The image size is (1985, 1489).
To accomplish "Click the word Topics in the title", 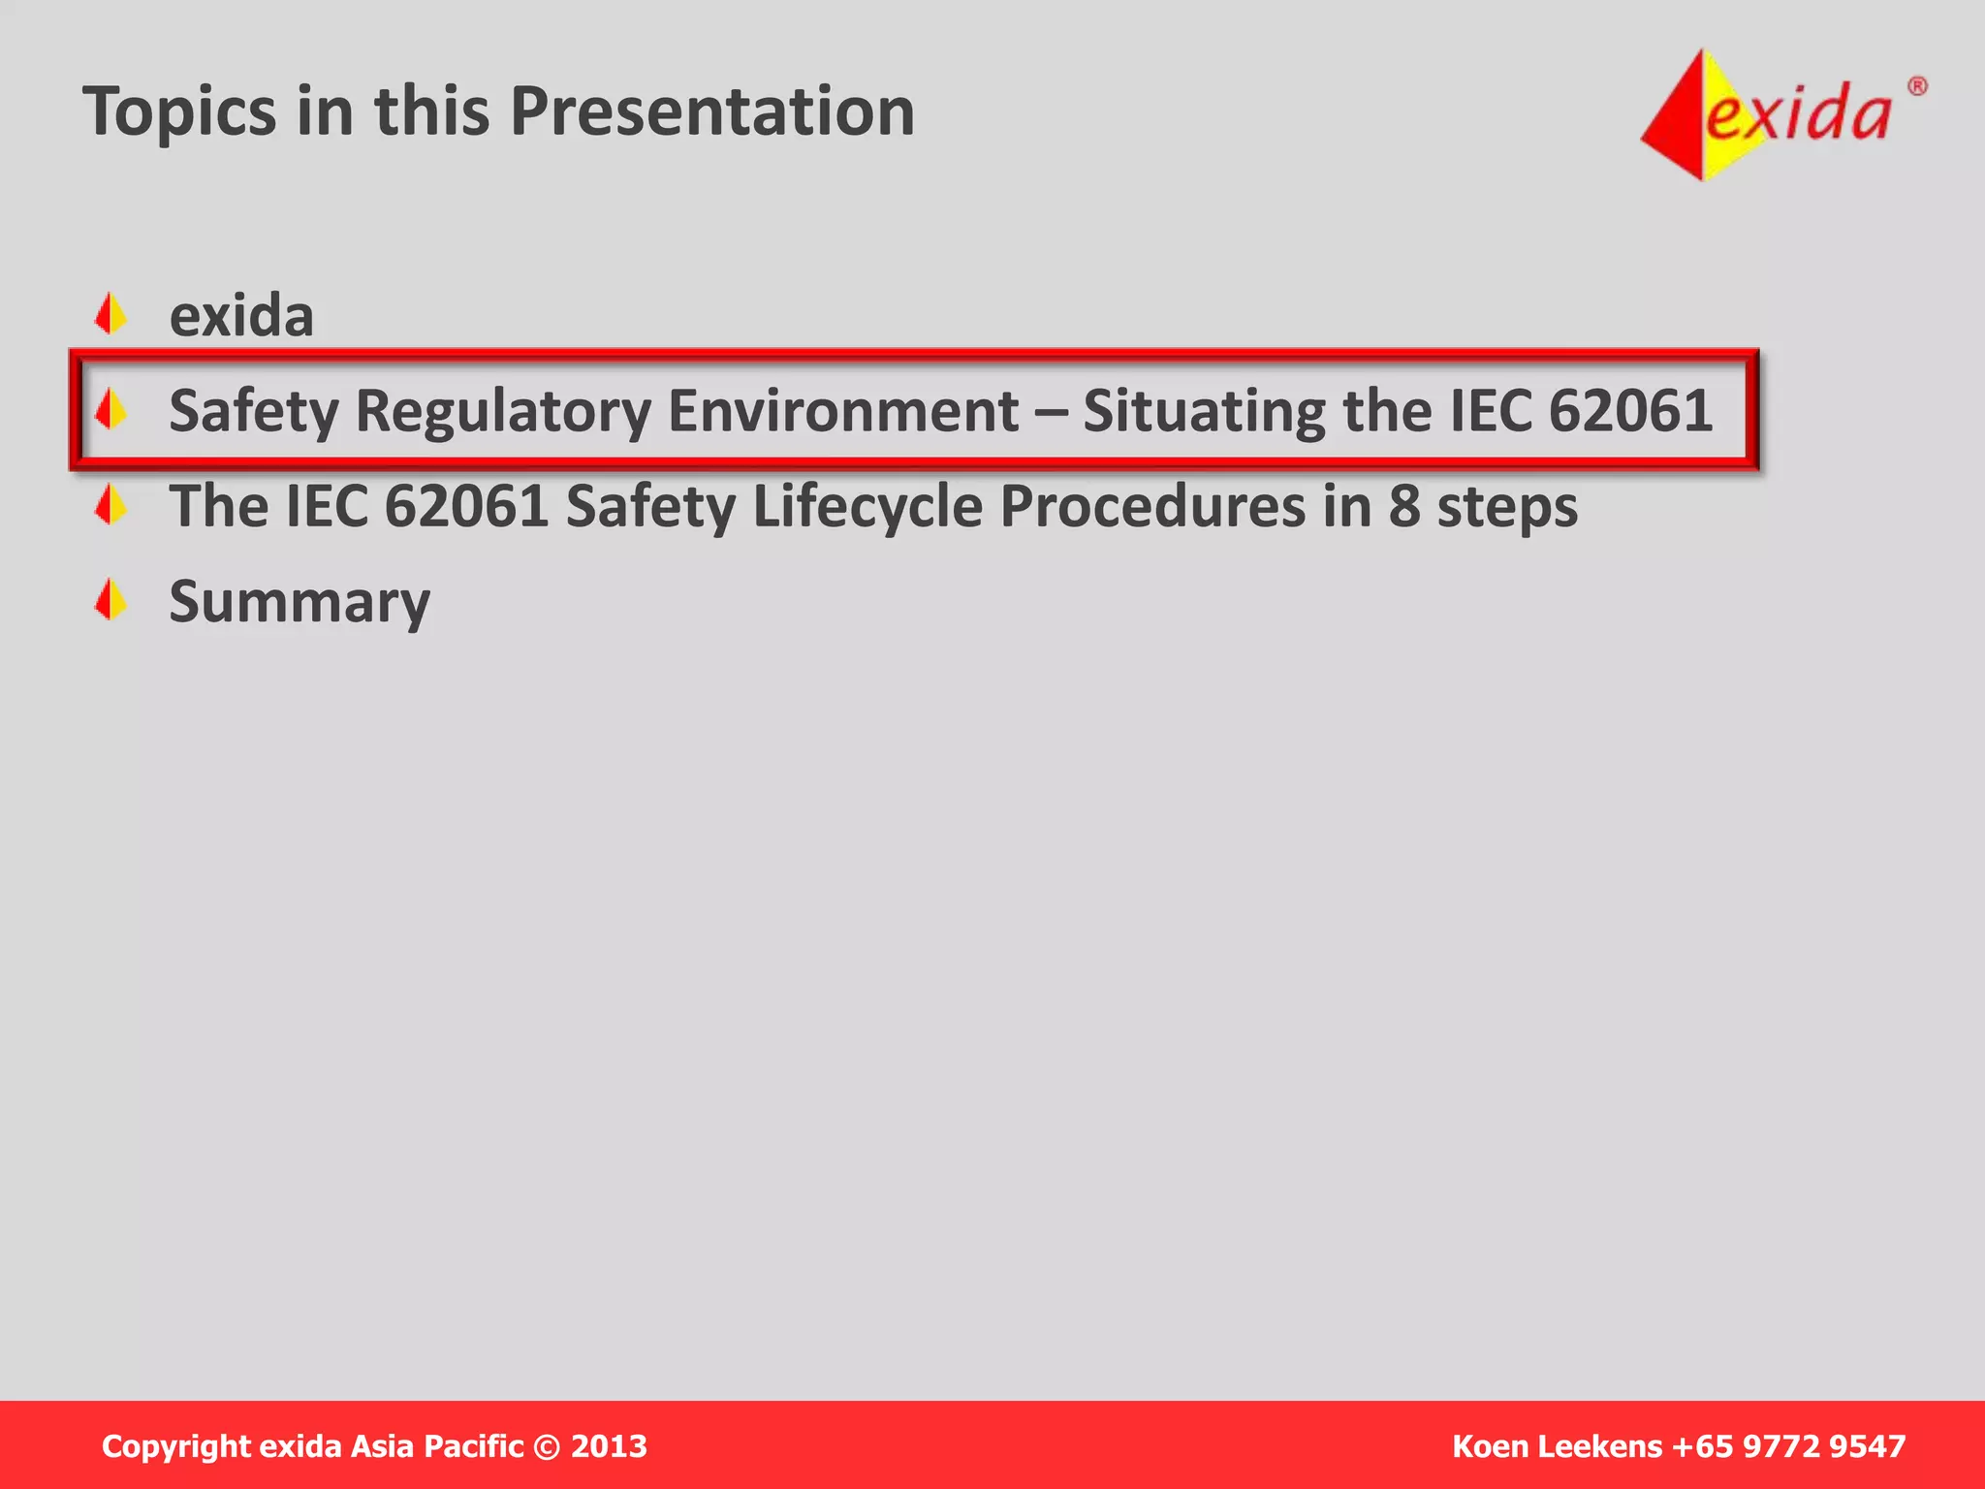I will point(179,112).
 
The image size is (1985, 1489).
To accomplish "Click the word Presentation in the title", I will point(712,111).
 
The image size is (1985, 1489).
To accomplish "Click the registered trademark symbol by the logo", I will point(1917,87).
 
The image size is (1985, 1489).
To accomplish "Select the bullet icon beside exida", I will point(111,314).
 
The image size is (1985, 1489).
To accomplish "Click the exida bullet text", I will point(241,316).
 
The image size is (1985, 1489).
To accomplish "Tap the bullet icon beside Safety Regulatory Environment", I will point(111,409).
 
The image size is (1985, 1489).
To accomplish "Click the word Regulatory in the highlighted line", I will point(503,411).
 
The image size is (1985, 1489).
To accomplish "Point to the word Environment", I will point(843,411).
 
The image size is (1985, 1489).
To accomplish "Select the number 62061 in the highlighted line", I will point(1630,411).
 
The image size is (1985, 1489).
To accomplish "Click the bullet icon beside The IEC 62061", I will point(111,504).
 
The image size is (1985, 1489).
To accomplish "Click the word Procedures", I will point(1152,506).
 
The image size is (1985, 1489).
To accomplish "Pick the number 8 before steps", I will point(1404,506).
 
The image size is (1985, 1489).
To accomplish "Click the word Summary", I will point(299,603).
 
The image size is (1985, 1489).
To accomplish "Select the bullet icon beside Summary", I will point(111,599).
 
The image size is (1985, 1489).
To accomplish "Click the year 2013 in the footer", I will point(609,1446).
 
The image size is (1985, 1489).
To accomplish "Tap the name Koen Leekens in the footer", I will point(1557,1446).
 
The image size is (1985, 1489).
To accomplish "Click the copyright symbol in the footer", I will point(548,1447).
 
